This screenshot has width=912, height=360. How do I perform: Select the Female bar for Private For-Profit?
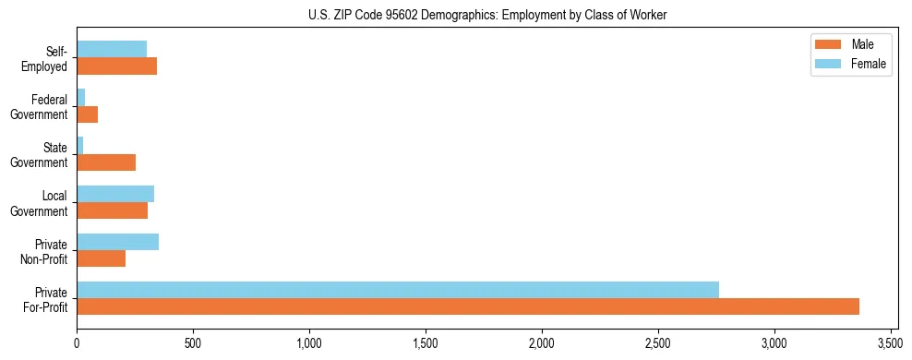(x=398, y=290)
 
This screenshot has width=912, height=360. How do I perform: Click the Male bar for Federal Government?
(x=87, y=114)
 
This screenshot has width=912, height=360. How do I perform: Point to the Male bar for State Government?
(x=106, y=162)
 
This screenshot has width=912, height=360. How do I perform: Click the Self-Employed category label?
(x=49, y=57)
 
